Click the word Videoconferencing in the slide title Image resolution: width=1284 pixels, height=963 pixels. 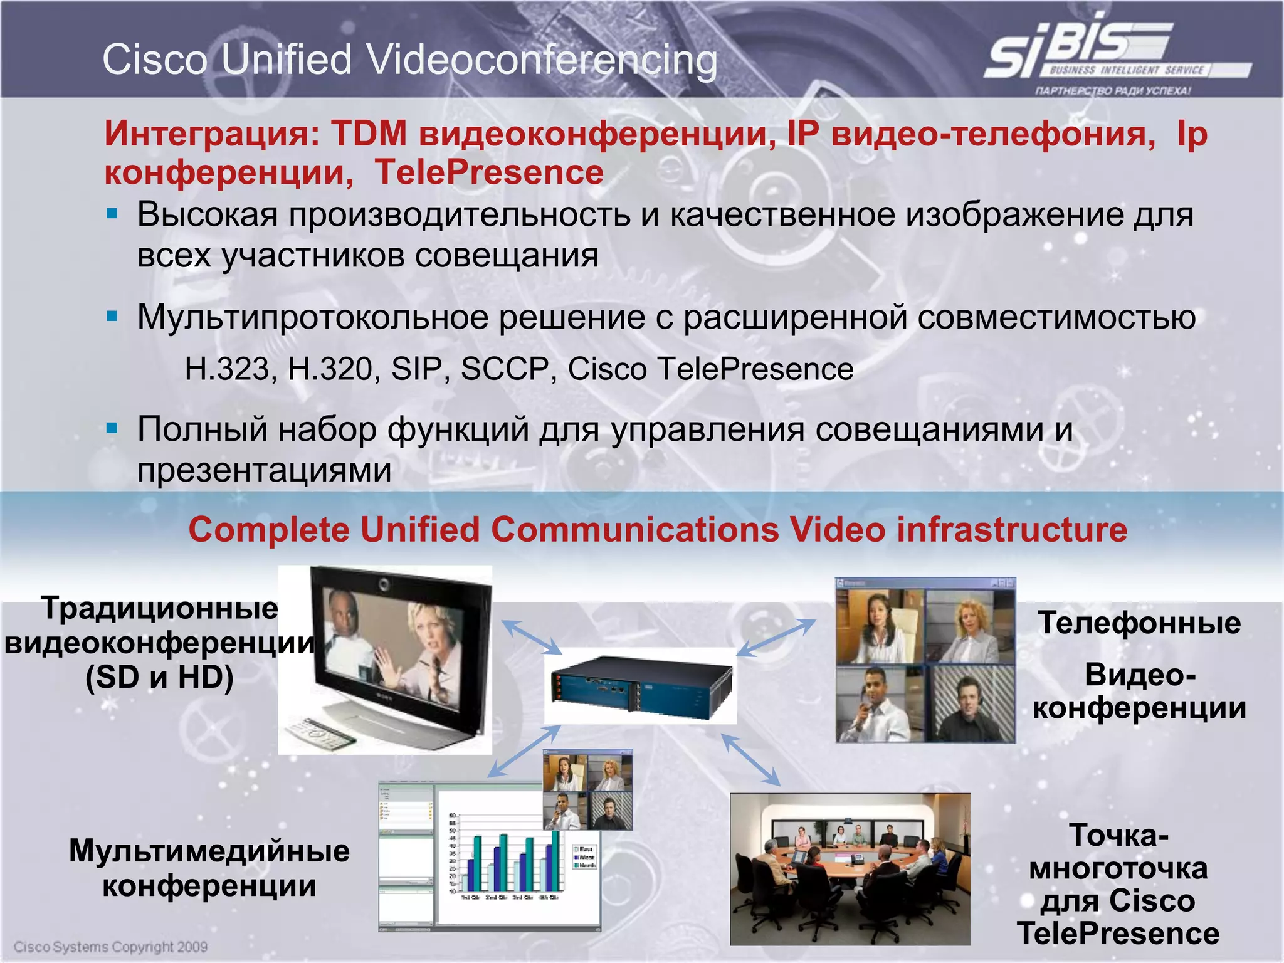pyautogui.click(x=542, y=61)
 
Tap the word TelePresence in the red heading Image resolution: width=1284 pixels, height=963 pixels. pyautogui.click(x=489, y=172)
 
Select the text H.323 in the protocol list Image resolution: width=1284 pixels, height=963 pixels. pyautogui.click(x=227, y=369)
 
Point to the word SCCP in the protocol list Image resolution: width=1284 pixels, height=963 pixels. pyautogui.click(x=505, y=369)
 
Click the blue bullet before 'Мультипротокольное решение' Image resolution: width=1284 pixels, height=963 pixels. pyautogui.click(x=113, y=316)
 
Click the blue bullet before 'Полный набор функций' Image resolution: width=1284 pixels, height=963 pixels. pyautogui.click(x=113, y=429)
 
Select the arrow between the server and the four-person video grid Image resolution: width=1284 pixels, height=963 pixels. pyautogui.click(x=776, y=638)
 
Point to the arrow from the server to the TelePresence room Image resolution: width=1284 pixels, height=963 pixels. pyautogui.click(x=751, y=760)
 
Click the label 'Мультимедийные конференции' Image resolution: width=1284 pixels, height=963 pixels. pyautogui.click(x=209, y=868)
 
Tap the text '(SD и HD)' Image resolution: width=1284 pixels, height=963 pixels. pyautogui.click(x=159, y=678)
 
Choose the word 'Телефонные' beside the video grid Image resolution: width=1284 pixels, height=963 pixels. pyautogui.click(x=1139, y=623)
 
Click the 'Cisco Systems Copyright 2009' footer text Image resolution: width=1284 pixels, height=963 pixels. pyautogui.click(x=110, y=947)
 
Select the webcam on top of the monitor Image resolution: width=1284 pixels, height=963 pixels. pyautogui.click(x=384, y=585)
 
